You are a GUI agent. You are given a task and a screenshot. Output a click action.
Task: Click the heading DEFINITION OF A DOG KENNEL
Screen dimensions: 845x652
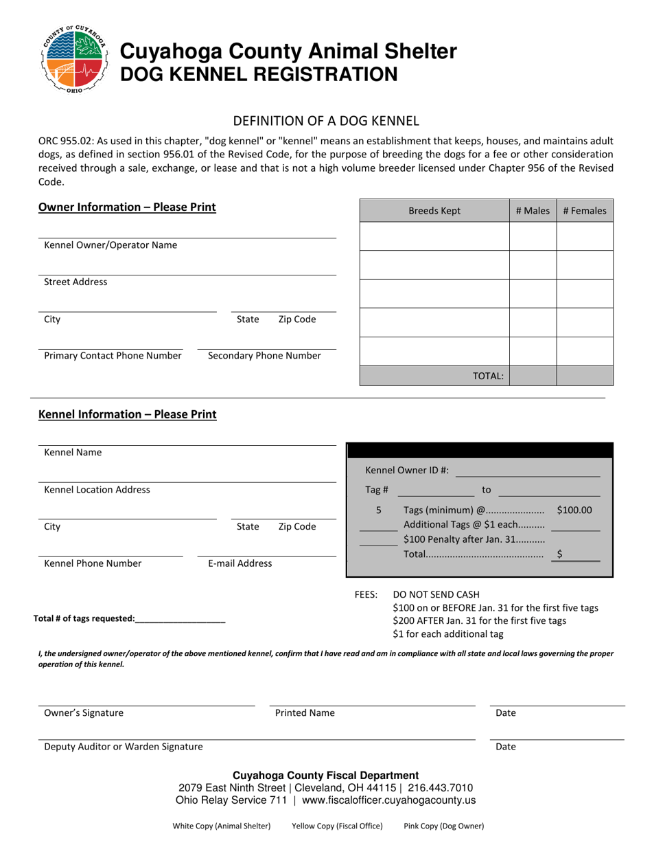(x=326, y=122)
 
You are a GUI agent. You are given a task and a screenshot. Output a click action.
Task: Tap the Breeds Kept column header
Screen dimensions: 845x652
(x=434, y=212)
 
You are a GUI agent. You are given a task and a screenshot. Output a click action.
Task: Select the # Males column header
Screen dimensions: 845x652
(x=533, y=212)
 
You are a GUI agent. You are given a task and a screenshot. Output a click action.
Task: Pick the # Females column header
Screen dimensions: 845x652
(x=584, y=212)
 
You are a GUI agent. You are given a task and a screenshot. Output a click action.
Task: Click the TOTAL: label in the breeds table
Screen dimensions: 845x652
(x=488, y=376)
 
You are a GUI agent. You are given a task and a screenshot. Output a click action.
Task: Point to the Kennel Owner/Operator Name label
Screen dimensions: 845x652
(x=110, y=245)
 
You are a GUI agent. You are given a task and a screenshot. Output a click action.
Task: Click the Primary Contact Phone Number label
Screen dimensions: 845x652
(x=113, y=356)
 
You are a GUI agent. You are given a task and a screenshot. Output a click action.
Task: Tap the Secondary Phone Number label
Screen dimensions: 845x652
(x=264, y=356)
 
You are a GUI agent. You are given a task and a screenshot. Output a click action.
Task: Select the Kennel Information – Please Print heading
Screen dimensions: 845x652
(x=127, y=414)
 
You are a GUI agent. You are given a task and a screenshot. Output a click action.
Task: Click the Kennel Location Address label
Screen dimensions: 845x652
(x=97, y=490)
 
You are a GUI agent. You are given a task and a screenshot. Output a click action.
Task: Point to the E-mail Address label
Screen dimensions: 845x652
(x=240, y=563)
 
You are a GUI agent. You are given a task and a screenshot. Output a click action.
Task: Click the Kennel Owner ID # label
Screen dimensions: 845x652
(x=407, y=471)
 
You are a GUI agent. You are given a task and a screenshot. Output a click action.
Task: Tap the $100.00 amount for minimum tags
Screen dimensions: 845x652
(x=574, y=510)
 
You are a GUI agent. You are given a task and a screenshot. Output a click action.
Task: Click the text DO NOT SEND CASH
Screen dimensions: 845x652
(x=436, y=594)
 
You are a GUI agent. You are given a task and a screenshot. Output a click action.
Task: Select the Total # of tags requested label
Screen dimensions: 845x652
(x=84, y=618)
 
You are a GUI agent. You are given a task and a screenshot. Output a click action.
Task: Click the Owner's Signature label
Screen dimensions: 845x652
(x=84, y=713)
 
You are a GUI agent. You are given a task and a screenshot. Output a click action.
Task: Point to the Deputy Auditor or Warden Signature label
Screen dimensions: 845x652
(x=124, y=747)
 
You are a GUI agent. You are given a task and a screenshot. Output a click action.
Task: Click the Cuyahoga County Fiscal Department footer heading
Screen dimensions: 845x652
(x=326, y=775)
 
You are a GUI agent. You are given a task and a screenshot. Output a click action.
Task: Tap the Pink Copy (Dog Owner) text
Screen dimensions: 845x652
(x=443, y=826)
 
